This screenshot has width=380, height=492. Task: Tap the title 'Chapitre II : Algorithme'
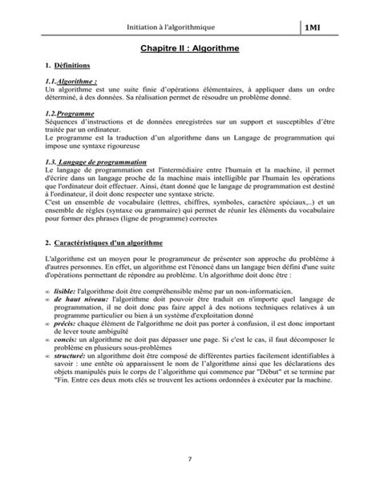(189, 48)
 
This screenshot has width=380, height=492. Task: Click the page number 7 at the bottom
(189, 458)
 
